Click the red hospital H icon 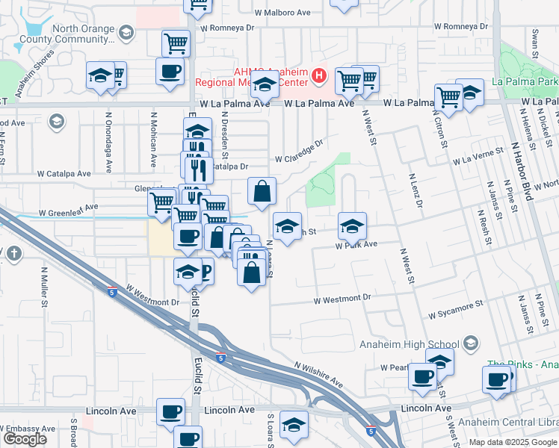320,75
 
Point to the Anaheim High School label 409,343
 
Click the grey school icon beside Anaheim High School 470,343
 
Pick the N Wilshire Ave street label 318,376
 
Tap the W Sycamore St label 456,311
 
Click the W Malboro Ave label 282,13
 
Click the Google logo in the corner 25,439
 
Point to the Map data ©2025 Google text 512,442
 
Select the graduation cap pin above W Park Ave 353,225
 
